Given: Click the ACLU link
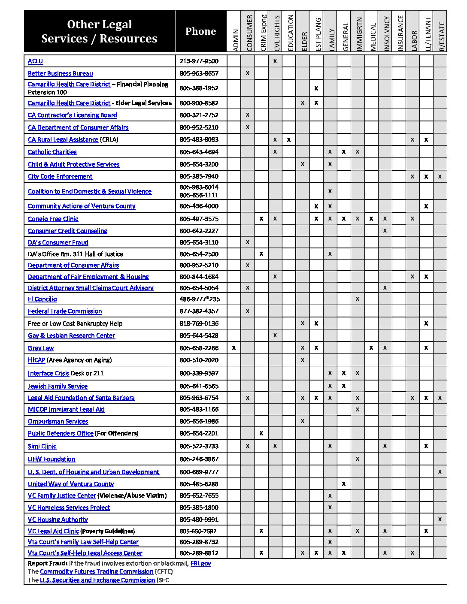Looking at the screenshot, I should [x=35, y=61].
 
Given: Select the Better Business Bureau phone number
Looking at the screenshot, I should [x=199, y=73].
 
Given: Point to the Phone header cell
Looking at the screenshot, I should [x=200, y=31].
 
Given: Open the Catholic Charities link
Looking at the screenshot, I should [x=52, y=152].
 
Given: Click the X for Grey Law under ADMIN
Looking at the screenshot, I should [x=233, y=348].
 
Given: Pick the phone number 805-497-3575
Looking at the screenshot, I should [x=199, y=219].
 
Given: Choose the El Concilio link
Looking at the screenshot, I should [x=42, y=299].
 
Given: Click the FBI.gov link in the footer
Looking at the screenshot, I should [x=200, y=563].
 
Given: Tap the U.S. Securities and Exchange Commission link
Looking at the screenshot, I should [x=97, y=580].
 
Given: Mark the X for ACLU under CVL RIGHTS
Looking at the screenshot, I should [x=275, y=61].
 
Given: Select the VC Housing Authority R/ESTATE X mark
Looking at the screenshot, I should [x=440, y=519].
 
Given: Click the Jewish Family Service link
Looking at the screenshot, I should [x=58, y=386].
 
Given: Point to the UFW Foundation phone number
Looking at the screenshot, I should [x=199, y=459].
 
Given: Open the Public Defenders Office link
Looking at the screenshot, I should [x=61, y=433].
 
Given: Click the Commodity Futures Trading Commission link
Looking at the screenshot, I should [x=97, y=571].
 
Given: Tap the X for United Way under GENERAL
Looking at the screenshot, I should [x=344, y=484].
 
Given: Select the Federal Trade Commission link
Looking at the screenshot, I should [x=65, y=311].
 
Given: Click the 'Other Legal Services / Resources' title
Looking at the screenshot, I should [x=99, y=31].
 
